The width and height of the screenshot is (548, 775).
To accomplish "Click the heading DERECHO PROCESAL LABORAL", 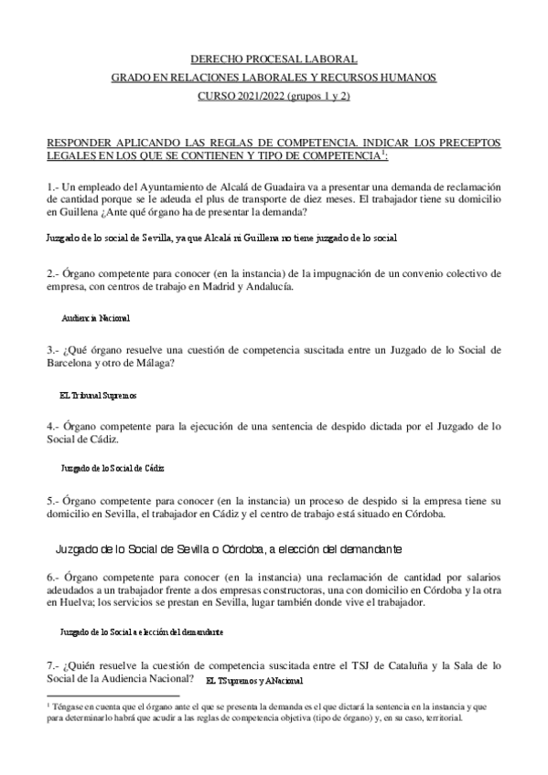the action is [274, 58].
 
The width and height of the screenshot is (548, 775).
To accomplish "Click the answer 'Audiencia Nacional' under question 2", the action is [95, 318].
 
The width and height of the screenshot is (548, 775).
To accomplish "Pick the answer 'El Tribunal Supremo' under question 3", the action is [97, 395].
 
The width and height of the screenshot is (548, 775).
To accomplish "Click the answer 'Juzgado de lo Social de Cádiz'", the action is [112, 467].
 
